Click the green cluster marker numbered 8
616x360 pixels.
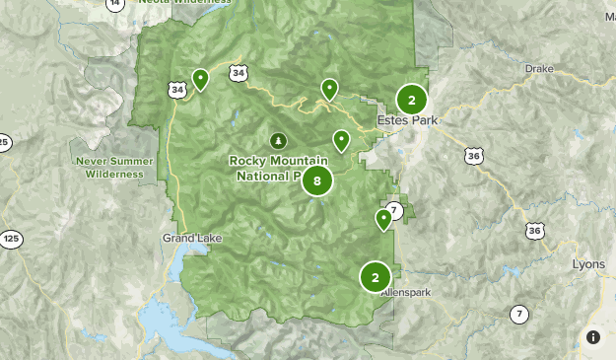(x=316, y=180)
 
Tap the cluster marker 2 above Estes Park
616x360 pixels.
(x=411, y=99)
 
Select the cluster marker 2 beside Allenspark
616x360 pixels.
(x=375, y=277)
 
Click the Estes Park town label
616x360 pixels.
(x=407, y=121)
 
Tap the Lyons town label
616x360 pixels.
(x=589, y=264)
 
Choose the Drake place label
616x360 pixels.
(x=539, y=69)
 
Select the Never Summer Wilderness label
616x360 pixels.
(x=114, y=167)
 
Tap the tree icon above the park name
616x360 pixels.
(x=278, y=140)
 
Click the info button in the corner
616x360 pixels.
(x=592, y=337)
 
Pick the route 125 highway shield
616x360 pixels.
(x=12, y=239)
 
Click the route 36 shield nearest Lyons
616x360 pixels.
(x=535, y=231)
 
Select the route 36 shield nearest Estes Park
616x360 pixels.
(x=474, y=156)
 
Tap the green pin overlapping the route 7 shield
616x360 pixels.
(x=383, y=219)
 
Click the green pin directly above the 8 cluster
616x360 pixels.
(x=341, y=140)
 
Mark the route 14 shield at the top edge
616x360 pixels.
(x=116, y=4)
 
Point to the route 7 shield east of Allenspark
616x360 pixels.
(x=518, y=314)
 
